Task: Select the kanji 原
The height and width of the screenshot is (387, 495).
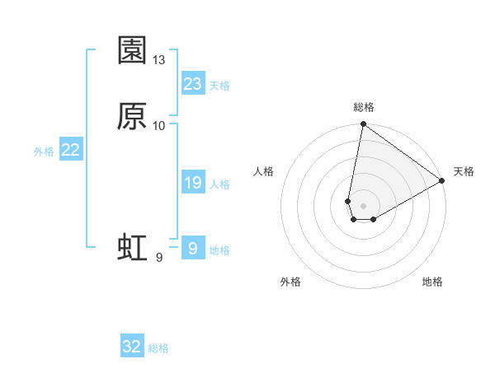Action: tap(132, 116)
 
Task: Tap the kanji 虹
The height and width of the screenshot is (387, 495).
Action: tap(132, 248)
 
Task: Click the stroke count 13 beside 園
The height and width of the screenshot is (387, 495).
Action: tap(159, 60)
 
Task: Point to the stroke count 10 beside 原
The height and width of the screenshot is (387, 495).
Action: tap(159, 125)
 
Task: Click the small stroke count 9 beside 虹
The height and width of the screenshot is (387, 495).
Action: tap(158, 258)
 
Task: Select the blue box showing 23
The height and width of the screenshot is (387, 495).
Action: tap(193, 84)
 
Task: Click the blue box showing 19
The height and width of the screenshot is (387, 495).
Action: tap(193, 183)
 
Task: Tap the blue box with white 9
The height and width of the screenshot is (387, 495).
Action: tap(193, 249)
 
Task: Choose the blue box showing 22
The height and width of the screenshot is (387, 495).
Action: tap(71, 150)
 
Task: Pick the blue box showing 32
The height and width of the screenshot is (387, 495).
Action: tap(132, 347)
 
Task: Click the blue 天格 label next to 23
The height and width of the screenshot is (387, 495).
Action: tap(219, 86)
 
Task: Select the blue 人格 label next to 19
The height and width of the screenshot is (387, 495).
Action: tap(219, 184)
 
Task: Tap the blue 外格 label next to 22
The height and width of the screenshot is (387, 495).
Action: tap(44, 152)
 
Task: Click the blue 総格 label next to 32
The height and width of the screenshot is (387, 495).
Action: tap(158, 348)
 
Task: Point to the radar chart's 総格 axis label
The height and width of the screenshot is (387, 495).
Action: tap(364, 108)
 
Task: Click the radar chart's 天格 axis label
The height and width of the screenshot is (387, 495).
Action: tap(464, 171)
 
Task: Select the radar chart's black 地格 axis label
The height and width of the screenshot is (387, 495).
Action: tap(432, 282)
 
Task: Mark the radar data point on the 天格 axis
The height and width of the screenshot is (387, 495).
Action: tap(442, 181)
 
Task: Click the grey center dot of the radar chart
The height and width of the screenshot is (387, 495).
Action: tap(364, 206)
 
